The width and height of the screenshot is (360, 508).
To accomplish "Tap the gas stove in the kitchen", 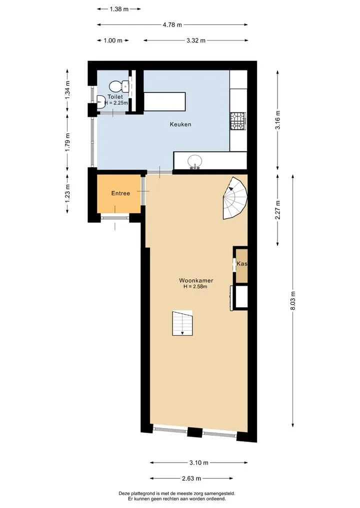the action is (238, 121).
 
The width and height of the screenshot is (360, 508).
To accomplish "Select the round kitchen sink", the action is (195, 161).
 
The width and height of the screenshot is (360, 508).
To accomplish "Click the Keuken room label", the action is (180, 124).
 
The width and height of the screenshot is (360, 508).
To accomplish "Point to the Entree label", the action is (120, 193).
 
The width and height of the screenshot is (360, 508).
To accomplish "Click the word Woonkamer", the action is (196, 281).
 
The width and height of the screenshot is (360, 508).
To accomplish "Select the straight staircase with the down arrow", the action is (182, 323).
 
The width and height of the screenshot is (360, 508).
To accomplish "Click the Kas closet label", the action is (242, 264).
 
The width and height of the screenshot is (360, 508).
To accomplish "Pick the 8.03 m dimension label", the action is (293, 301).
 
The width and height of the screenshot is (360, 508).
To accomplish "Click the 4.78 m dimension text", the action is (172, 24).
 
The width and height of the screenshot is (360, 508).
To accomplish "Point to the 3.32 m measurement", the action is (196, 40).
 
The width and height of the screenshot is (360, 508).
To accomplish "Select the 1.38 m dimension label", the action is (119, 9).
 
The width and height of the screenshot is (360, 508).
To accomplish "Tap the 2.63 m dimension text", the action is (191, 478).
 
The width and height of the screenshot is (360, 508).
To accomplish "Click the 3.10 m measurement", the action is (199, 463).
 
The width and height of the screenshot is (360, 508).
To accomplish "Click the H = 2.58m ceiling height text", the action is (195, 286).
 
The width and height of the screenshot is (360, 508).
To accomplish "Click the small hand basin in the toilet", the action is (100, 101).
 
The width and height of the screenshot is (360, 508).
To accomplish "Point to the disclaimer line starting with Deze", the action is (177, 494).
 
